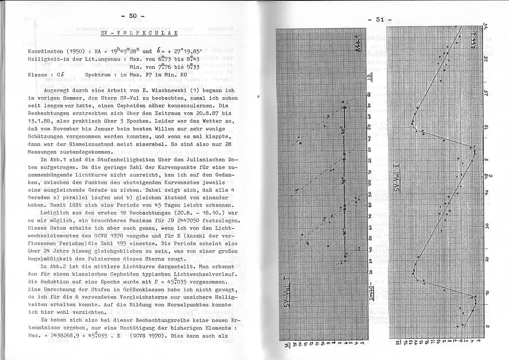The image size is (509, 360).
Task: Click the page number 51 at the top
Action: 380,19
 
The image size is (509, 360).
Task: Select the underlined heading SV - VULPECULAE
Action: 138,33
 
